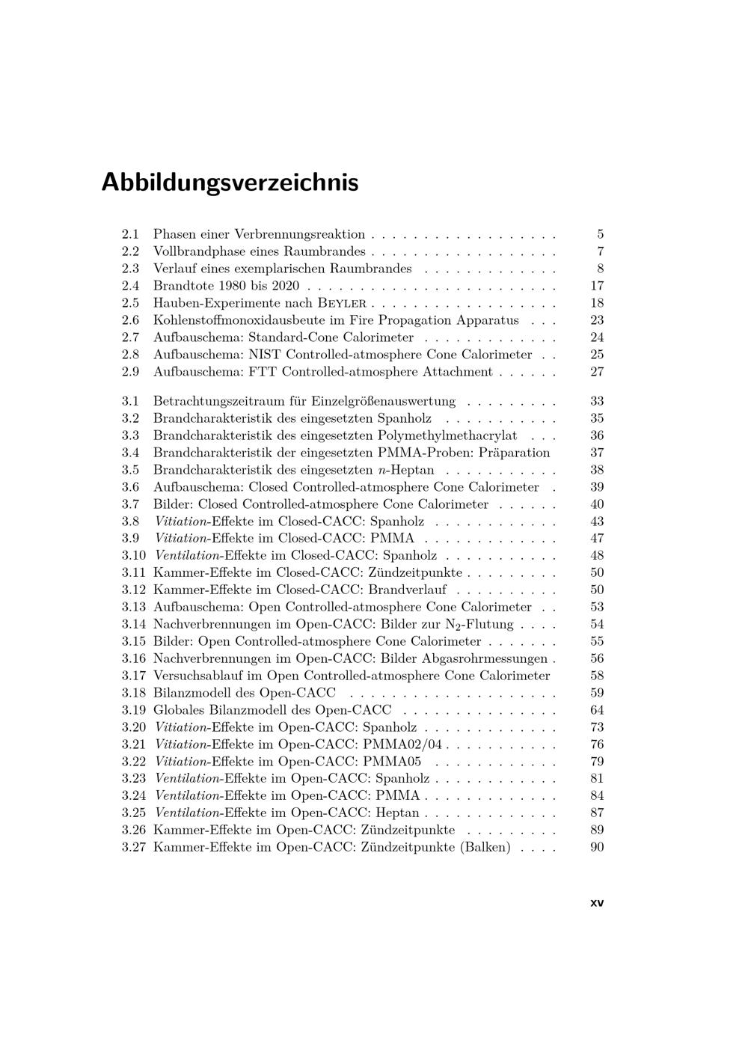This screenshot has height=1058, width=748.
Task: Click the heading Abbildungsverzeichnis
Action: [x=230, y=182]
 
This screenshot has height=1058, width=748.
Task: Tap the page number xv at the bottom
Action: [x=596, y=902]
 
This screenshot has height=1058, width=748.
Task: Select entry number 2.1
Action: [x=131, y=234]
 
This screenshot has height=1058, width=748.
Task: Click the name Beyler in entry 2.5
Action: [x=342, y=303]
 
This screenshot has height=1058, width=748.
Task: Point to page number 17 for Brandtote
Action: [x=596, y=286]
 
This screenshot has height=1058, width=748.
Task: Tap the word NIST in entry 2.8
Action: [x=266, y=355]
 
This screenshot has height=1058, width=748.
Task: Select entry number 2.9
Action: [x=131, y=372]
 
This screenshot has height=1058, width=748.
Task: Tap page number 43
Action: [x=596, y=522]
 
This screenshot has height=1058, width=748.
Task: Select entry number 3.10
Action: [x=133, y=555]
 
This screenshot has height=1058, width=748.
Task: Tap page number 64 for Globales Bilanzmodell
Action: [x=596, y=710]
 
